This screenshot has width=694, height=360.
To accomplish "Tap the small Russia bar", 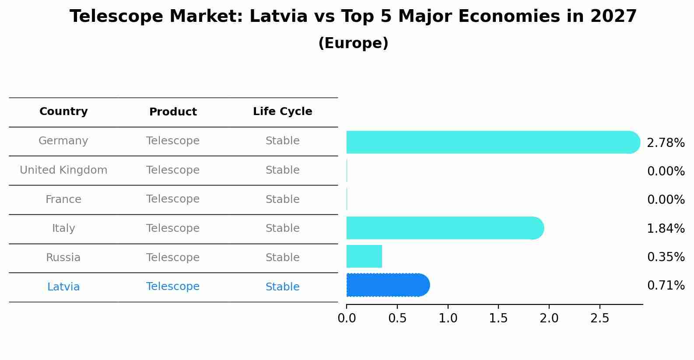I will coord(364,256).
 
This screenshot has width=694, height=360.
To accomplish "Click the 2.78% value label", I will coord(666,143).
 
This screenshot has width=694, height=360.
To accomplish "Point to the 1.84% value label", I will coord(666,228).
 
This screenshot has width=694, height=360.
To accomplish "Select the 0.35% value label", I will coord(666,257).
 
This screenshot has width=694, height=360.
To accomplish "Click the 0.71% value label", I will coord(666,286).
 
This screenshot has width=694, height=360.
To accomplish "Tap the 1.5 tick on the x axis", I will coord(498,318).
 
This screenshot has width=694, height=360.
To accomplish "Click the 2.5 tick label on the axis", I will coord(599,318).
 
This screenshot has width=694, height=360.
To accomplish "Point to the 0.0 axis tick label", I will coord(347,318).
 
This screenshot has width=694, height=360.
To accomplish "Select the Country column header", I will coord(63,112).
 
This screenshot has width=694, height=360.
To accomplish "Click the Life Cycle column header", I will coord(282,112).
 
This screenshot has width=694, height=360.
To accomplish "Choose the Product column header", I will coord(173,112).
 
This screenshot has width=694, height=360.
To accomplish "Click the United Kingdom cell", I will coord(63,170).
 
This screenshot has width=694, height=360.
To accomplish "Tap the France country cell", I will coord(63,199).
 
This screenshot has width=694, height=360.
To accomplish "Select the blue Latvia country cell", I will coord(63,287).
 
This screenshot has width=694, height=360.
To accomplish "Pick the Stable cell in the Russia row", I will coord(282,258).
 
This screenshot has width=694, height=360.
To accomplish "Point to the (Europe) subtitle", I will coord(353,43).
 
